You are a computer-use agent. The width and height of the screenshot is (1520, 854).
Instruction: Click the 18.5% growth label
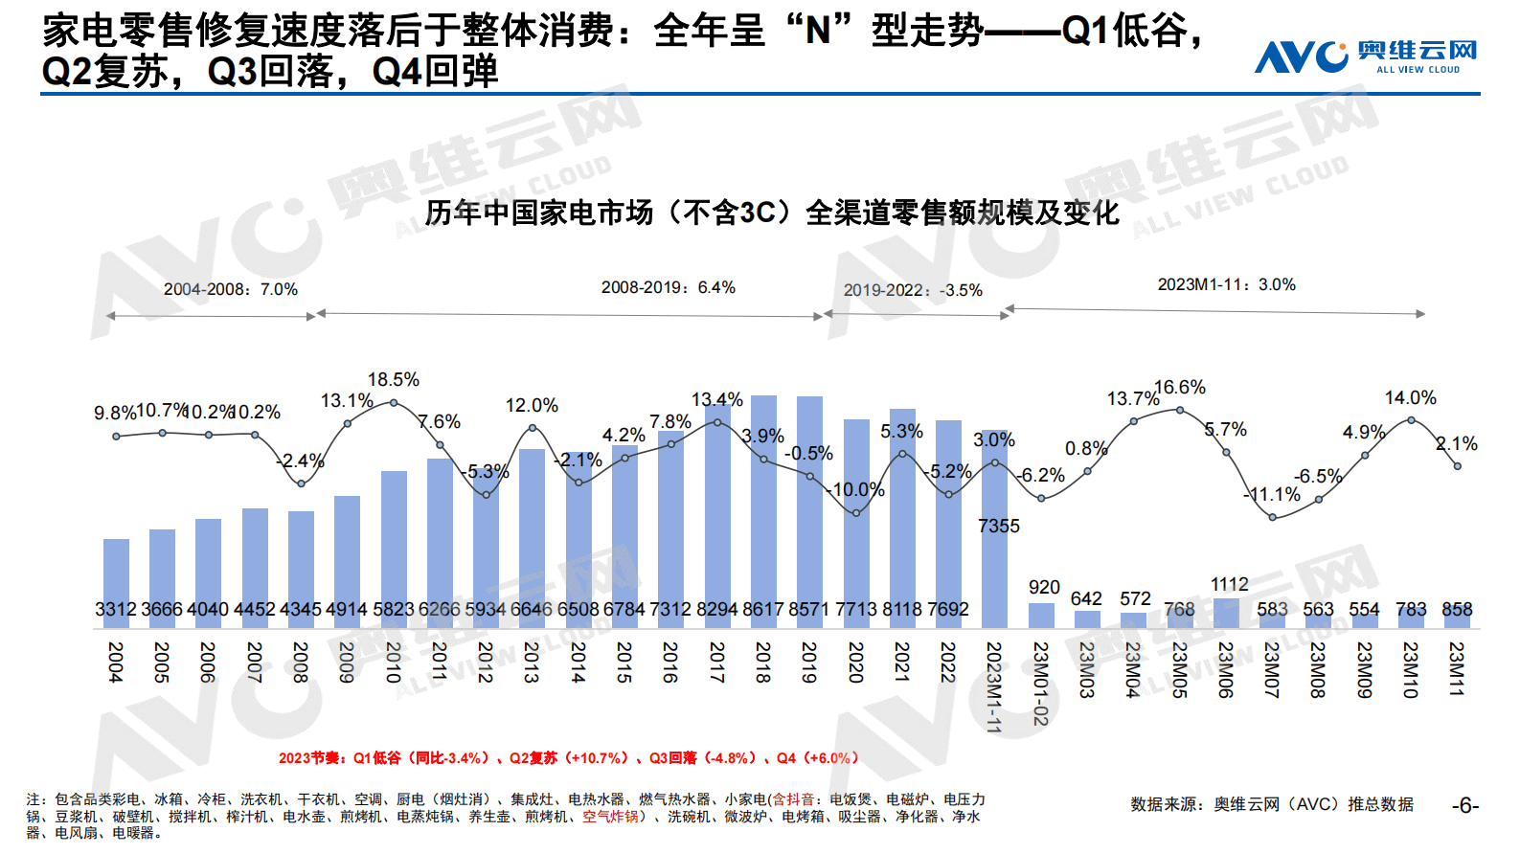[394, 380]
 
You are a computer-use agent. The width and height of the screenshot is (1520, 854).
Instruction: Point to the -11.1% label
[1273, 495]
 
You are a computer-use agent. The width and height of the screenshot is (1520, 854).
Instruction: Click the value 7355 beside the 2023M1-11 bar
[999, 527]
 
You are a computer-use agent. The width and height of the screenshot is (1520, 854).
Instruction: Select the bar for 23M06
[1226, 614]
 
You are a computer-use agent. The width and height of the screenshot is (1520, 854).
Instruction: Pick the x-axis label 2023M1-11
[994, 686]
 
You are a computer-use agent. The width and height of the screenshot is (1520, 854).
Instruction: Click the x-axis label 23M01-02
[1040, 683]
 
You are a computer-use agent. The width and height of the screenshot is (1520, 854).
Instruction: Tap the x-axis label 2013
[532, 662]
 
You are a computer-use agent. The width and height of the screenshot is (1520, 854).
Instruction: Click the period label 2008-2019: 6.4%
[668, 287]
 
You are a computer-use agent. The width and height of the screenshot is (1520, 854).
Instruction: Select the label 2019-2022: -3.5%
[912, 290]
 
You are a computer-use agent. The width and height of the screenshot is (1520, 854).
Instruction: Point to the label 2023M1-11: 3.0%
[1226, 285]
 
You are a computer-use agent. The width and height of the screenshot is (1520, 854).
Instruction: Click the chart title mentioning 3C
[771, 213]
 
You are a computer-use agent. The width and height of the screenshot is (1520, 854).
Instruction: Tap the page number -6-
[1465, 806]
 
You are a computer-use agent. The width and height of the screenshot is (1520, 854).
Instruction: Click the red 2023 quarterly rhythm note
[568, 758]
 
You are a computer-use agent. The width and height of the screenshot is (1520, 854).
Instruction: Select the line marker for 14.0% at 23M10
[1411, 419]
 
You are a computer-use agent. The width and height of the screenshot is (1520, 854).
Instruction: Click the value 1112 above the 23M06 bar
[1229, 584]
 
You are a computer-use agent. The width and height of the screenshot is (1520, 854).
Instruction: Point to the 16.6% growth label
[1180, 388]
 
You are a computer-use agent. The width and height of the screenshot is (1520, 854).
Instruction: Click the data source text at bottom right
[1271, 804]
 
